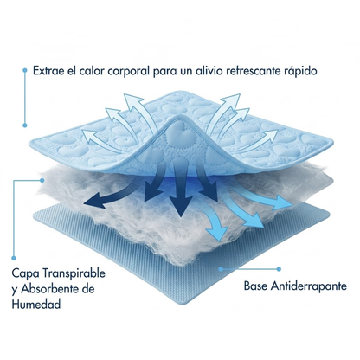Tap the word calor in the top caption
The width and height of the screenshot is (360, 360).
[x=89, y=71]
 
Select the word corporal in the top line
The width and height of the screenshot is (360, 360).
[x=128, y=71]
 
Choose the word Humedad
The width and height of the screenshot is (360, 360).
[x=36, y=304]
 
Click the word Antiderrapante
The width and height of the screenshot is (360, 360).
[x=309, y=286]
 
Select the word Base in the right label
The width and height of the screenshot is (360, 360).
[x=255, y=286]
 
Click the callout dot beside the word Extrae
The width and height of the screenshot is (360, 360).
[x=25, y=70]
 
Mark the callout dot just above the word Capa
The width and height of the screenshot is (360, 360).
[x=14, y=258]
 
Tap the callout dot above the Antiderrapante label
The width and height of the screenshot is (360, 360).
[x=279, y=269]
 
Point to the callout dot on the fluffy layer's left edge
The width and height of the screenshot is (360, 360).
[x=42, y=180]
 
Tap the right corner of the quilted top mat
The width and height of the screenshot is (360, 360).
[x=332, y=142]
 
